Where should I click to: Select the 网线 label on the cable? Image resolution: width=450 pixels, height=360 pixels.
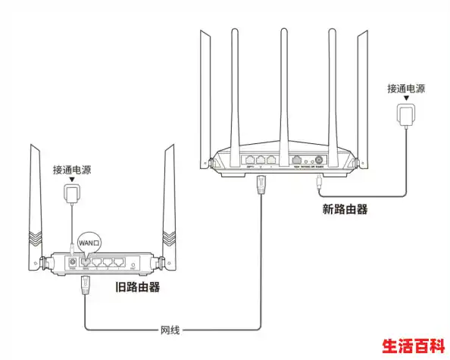pos(170,330)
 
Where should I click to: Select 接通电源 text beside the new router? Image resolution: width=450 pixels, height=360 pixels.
pos(405,89)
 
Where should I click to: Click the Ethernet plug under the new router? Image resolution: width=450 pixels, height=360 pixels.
pos(261,184)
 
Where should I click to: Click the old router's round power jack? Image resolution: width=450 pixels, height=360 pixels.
pos(72,263)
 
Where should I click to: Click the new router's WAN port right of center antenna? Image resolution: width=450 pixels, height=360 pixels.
pos(298,161)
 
